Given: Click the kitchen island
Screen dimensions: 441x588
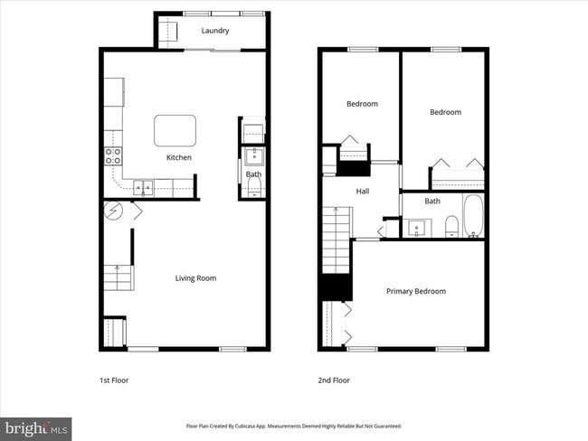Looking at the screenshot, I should coord(175,130).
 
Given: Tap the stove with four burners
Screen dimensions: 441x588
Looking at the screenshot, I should coord(114,155).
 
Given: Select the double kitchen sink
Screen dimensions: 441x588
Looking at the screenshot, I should coord(143,188).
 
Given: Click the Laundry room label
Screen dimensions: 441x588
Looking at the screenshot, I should coord(214,31).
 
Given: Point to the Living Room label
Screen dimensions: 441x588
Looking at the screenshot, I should coord(195,278).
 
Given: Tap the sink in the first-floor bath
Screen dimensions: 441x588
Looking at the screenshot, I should coord(253,155).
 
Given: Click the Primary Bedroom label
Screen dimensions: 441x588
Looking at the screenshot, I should coord(415,291).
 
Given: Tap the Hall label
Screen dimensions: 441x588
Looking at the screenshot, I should coord(362,192).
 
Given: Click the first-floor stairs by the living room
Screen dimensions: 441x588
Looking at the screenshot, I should coord(118,277).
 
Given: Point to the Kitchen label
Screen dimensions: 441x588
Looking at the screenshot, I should coord(179,158).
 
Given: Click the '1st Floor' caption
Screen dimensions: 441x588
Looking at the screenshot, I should coord(114,380).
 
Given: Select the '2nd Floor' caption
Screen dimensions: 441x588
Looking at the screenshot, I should coord(333,380).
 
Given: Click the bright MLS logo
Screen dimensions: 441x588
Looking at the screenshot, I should coord(36,427).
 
